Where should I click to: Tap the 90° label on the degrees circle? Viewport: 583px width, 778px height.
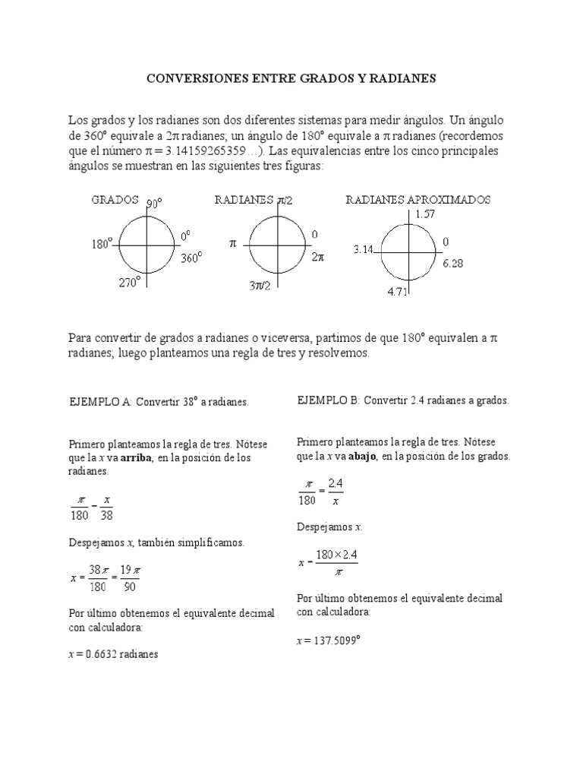[x=155, y=204]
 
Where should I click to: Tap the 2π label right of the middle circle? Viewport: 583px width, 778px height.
[x=318, y=258]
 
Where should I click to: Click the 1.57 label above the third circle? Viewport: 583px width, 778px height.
[x=427, y=215]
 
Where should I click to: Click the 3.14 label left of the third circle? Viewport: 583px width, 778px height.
[x=364, y=249]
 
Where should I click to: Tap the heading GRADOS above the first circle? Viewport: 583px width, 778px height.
[x=115, y=200]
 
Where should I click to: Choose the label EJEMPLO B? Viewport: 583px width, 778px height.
[x=328, y=400]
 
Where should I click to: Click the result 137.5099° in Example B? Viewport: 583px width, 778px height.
[x=332, y=640]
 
